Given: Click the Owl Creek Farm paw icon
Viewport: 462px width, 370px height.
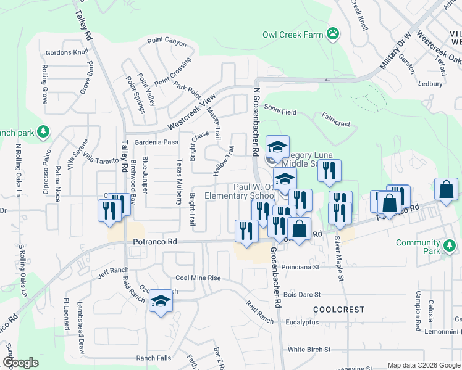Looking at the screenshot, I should pos(334,34).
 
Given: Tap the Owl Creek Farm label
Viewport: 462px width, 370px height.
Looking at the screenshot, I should pos(293,35).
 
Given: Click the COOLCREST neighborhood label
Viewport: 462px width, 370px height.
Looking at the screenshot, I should pos(335,308).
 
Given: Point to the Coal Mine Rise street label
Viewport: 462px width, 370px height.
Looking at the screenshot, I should pos(198,278).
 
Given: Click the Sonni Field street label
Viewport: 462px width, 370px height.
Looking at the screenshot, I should pos(280,112).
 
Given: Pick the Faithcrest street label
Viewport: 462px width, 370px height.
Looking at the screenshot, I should pos(336,120).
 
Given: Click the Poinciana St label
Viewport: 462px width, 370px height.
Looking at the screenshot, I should pos(300,268).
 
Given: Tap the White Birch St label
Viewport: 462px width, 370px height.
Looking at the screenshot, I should pos(309,350).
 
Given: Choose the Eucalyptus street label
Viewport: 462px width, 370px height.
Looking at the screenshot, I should pos(302,322).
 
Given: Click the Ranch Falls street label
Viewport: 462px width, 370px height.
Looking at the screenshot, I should pos(154,358).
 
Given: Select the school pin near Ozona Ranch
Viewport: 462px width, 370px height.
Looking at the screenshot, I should pos(161,302).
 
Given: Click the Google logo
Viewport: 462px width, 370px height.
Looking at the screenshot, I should pos(21,362).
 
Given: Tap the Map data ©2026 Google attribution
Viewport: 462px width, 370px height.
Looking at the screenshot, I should pos(422,365).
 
